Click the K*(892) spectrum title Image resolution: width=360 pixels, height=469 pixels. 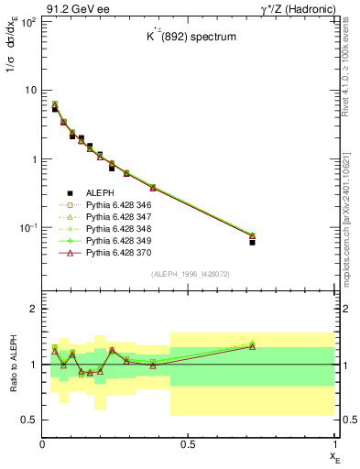[x=189, y=39]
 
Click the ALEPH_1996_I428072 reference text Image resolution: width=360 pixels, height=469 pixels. [x=189, y=275]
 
